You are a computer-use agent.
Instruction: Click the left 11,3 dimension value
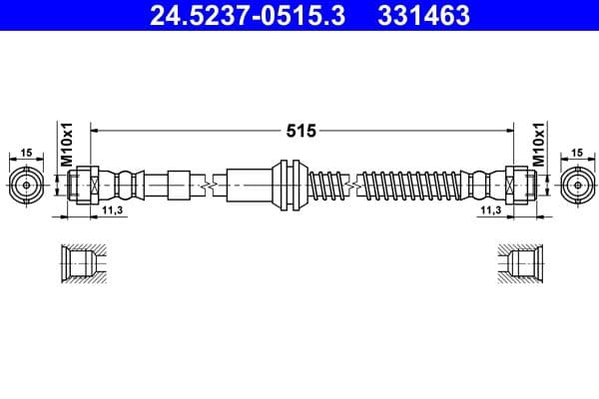pyautogui.click(x=111, y=211)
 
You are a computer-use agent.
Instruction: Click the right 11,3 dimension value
pyautogui.click(x=490, y=211)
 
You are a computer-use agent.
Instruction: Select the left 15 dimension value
pyautogui.click(x=26, y=154)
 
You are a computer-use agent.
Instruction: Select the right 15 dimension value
pyautogui.click(x=577, y=154)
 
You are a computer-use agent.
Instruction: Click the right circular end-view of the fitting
pyautogui.click(x=576, y=185)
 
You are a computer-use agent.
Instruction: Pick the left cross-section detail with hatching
pyautogui.click(x=80, y=264)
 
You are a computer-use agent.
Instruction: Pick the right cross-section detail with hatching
pyautogui.click(x=521, y=264)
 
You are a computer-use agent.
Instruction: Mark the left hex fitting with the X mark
pyautogui.click(x=87, y=185)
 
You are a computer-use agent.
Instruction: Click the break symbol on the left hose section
pyautogui.click(x=210, y=185)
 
